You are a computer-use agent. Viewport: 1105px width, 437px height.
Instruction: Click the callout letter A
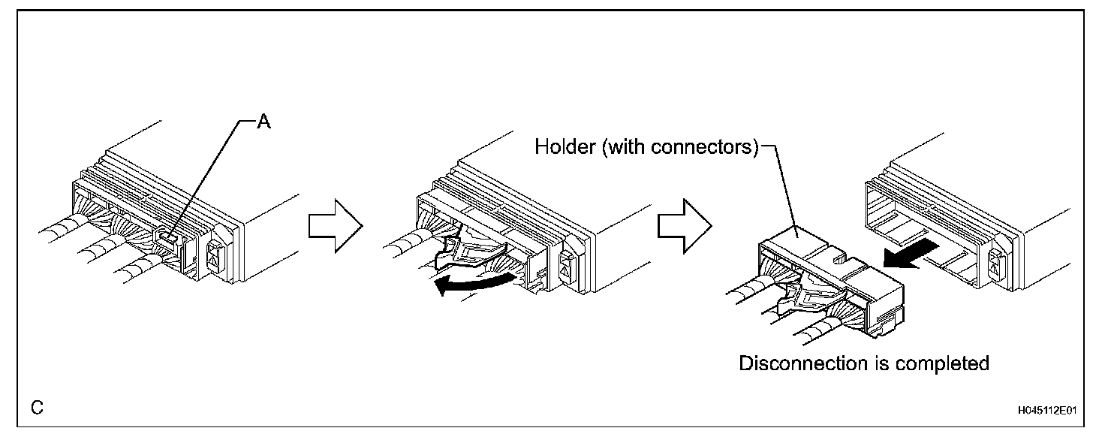pos(263,123)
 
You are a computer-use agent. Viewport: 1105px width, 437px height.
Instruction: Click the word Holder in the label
pos(559,146)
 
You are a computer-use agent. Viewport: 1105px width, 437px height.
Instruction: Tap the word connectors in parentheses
pos(706,146)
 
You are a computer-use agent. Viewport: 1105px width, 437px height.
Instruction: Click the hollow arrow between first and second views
pos(334,225)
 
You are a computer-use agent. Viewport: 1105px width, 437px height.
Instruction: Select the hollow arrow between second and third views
pos(683,225)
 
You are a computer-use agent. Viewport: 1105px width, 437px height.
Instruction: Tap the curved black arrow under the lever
pos(477,284)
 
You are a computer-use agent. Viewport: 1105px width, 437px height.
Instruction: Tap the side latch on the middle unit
pos(567,261)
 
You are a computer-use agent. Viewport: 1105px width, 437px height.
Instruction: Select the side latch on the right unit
pos(998,260)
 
